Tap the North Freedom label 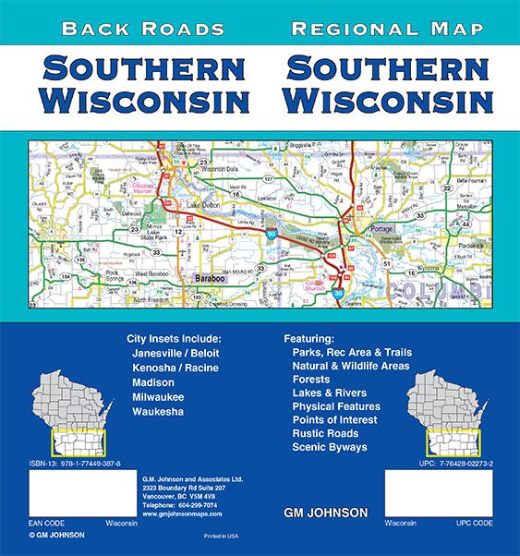point(157,300)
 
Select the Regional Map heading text point(386,30)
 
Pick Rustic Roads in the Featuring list point(329,432)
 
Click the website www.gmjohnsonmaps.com point(181,514)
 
